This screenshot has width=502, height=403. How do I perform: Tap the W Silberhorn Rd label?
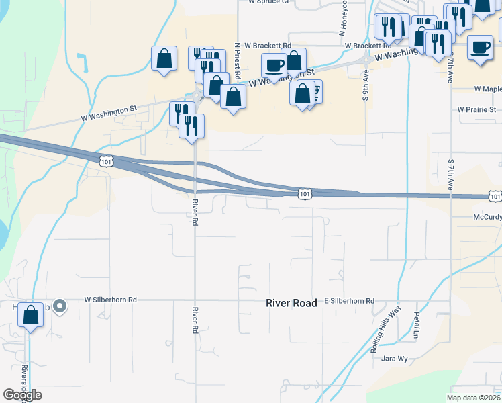(110, 300)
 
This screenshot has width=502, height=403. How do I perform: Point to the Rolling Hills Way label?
(385, 339)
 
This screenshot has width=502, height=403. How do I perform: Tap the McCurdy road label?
(487, 217)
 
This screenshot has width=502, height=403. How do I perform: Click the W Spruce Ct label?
(268, 2)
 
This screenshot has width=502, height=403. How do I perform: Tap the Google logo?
(22, 395)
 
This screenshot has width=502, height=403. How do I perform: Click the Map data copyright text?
(473, 398)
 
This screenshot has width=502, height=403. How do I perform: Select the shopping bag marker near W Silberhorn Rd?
(31, 315)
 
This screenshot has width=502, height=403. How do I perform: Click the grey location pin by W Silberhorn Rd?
(60, 307)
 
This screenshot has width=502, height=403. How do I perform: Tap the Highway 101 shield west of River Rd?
(105, 161)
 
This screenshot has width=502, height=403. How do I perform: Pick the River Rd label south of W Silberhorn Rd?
(195, 320)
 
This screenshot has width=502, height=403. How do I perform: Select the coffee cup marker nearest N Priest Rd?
(273, 66)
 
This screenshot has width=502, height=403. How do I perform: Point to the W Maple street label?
(488, 89)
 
